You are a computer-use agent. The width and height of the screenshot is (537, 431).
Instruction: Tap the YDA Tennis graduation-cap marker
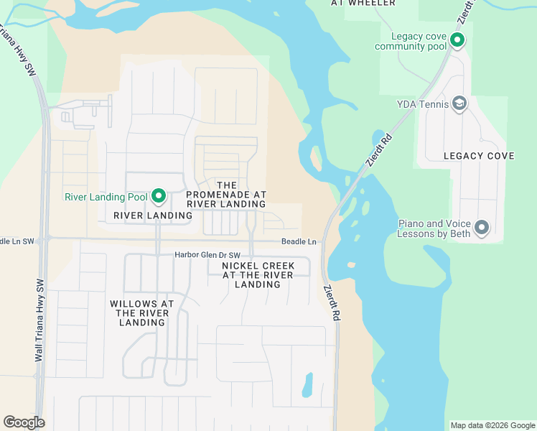[x=459, y=104]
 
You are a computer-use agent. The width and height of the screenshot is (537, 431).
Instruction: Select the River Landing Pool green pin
[x=159, y=196]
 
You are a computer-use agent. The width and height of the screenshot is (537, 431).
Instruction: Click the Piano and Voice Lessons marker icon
[x=482, y=228]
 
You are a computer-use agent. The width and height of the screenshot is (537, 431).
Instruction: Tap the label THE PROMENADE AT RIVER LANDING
[x=226, y=195]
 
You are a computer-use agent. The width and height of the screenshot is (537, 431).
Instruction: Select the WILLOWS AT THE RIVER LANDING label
[x=142, y=313]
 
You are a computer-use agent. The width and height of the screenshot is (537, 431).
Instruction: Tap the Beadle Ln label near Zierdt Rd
[x=299, y=242]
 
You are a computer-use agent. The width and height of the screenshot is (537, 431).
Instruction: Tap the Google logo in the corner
[x=24, y=422]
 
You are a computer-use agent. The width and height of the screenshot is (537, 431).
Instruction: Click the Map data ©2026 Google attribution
[x=492, y=425]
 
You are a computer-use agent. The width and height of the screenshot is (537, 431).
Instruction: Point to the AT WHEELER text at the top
[x=363, y=3]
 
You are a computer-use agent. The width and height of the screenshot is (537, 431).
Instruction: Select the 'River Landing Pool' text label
[x=106, y=197]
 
